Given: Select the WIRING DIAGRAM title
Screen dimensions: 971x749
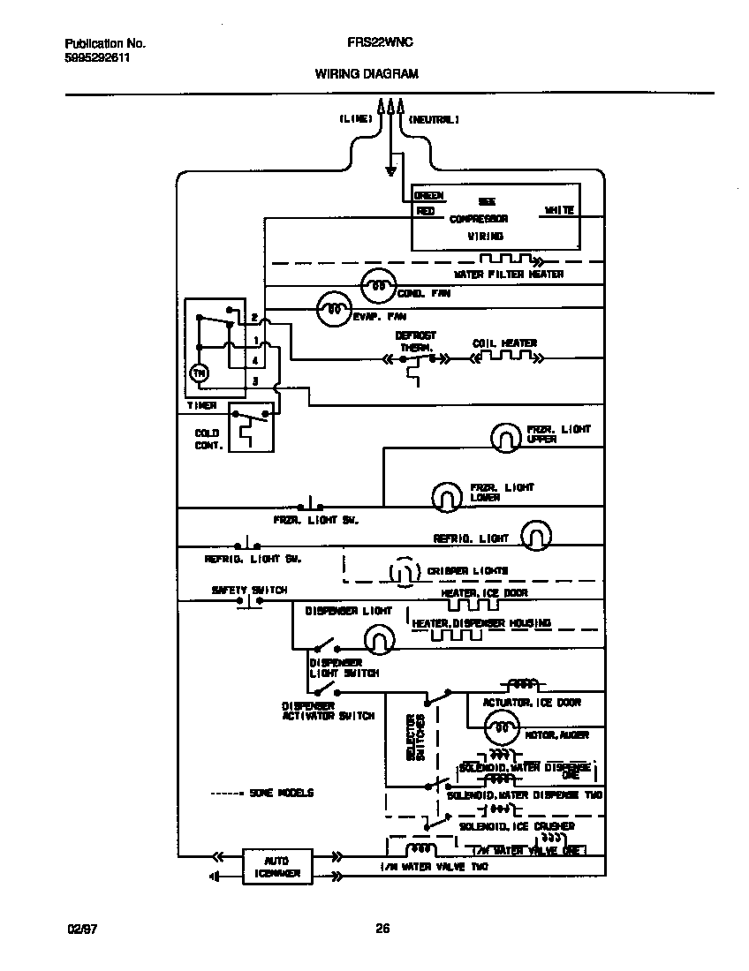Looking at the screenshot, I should coord(367,75).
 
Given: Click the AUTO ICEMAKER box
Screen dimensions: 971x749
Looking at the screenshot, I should coord(276,866).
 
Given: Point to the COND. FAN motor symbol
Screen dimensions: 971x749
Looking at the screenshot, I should coord(377,285).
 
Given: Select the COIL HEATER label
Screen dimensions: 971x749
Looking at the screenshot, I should coord(504,343).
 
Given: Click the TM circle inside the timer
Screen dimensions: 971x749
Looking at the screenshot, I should coord(199,373).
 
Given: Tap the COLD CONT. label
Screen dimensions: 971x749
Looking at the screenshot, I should coord(208,440).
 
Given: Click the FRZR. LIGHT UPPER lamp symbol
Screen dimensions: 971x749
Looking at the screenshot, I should coord(506,435).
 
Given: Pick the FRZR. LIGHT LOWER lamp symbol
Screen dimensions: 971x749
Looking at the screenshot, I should coord(446,497).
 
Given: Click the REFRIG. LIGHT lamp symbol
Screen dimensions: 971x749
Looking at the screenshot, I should coord(535,534).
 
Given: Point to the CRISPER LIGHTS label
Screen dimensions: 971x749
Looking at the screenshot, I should coord(467,571).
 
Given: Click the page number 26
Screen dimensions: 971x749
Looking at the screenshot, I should coord(382,928).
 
